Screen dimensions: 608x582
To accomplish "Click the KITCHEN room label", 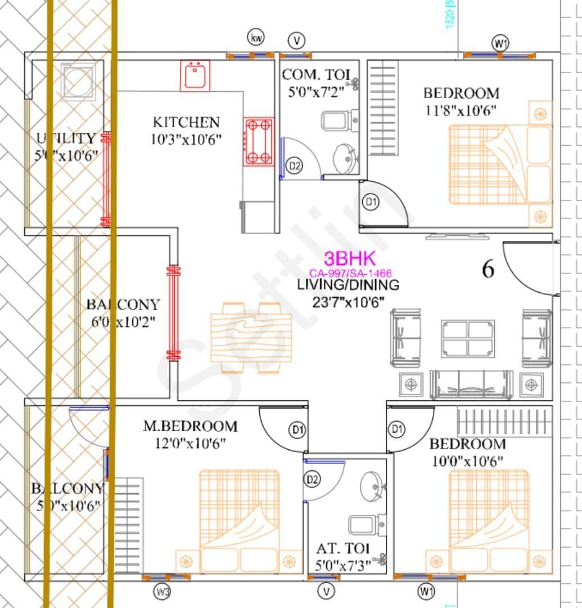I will [x=186, y=122].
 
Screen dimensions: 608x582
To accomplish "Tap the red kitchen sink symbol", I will [x=195, y=75].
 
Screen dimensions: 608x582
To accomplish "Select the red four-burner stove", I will [x=259, y=141].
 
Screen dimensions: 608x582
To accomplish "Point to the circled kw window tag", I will [x=256, y=38].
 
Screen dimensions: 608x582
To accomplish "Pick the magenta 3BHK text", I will [x=349, y=258].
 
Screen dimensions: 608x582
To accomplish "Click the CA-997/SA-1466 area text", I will [x=350, y=273].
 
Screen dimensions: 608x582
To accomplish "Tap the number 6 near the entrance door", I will [x=488, y=270].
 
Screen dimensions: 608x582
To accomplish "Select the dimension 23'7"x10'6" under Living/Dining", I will [x=348, y=302].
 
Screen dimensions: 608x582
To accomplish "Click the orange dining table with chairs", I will [x=251, y=338].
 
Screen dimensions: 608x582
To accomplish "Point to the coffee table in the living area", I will [x=468, y=338].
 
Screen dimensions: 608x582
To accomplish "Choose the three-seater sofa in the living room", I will [x=471, y=385].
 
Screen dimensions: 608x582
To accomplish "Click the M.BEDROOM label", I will [x=190, y=427].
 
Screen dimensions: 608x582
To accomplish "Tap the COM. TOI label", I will [x=316, y=75].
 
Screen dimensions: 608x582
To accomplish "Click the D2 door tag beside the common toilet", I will [x=294, y=166].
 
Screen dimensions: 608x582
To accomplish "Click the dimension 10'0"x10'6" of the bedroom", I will [x=467, y=461].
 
